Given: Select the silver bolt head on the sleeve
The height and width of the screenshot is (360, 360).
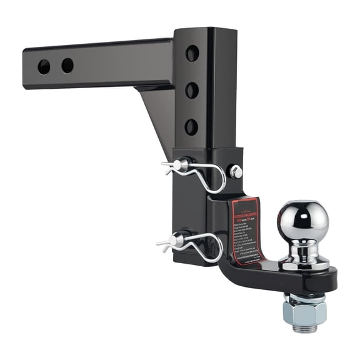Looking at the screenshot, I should click(236, 171).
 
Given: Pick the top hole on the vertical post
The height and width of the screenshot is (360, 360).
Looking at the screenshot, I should click(192, 53).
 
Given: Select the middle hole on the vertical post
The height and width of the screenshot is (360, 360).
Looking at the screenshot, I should click(192, 90).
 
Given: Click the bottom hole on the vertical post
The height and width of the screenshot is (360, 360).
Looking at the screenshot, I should click(191, 126).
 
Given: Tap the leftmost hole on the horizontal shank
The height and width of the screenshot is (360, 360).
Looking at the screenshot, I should click(44, 67).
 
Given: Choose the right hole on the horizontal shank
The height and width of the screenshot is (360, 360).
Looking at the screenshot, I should click(67, 65).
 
